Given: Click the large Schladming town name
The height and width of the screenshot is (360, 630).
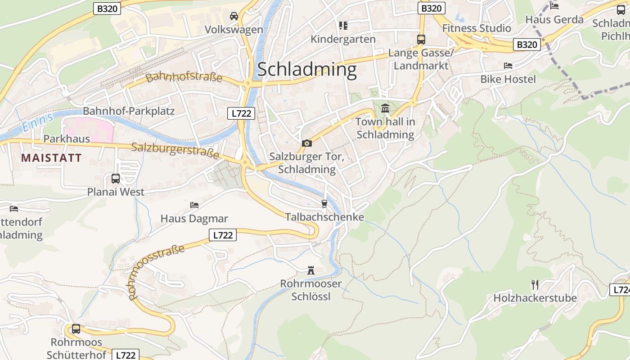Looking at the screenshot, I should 307,70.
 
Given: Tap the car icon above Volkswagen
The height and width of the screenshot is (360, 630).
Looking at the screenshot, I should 234,16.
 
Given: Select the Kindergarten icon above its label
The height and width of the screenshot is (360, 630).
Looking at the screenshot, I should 343,26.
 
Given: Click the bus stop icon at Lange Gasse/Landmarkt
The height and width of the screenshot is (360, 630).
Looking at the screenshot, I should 421,39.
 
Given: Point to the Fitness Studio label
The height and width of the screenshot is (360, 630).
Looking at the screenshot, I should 477,28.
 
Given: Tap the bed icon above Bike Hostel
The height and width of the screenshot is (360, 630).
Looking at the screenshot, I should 508,66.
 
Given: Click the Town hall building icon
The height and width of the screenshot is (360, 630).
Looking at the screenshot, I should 385,108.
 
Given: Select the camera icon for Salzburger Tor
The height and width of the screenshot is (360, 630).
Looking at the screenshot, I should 307,143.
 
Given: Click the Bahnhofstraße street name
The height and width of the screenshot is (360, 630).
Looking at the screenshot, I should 184,77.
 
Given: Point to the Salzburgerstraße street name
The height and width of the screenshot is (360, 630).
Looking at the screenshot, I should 175,150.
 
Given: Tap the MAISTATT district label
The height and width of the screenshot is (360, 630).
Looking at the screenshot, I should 51,158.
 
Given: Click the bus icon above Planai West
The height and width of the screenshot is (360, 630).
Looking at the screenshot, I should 116,179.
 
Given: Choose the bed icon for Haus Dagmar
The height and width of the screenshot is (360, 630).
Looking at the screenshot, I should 194,205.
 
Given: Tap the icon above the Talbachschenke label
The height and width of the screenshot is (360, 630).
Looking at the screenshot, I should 324,204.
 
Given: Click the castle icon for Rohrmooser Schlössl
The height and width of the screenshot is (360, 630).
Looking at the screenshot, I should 311,270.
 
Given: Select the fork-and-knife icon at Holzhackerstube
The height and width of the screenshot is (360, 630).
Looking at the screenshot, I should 535,284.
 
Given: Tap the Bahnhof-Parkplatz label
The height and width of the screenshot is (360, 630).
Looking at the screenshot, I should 129,111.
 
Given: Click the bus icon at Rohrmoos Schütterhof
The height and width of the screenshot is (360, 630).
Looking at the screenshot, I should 76,328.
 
